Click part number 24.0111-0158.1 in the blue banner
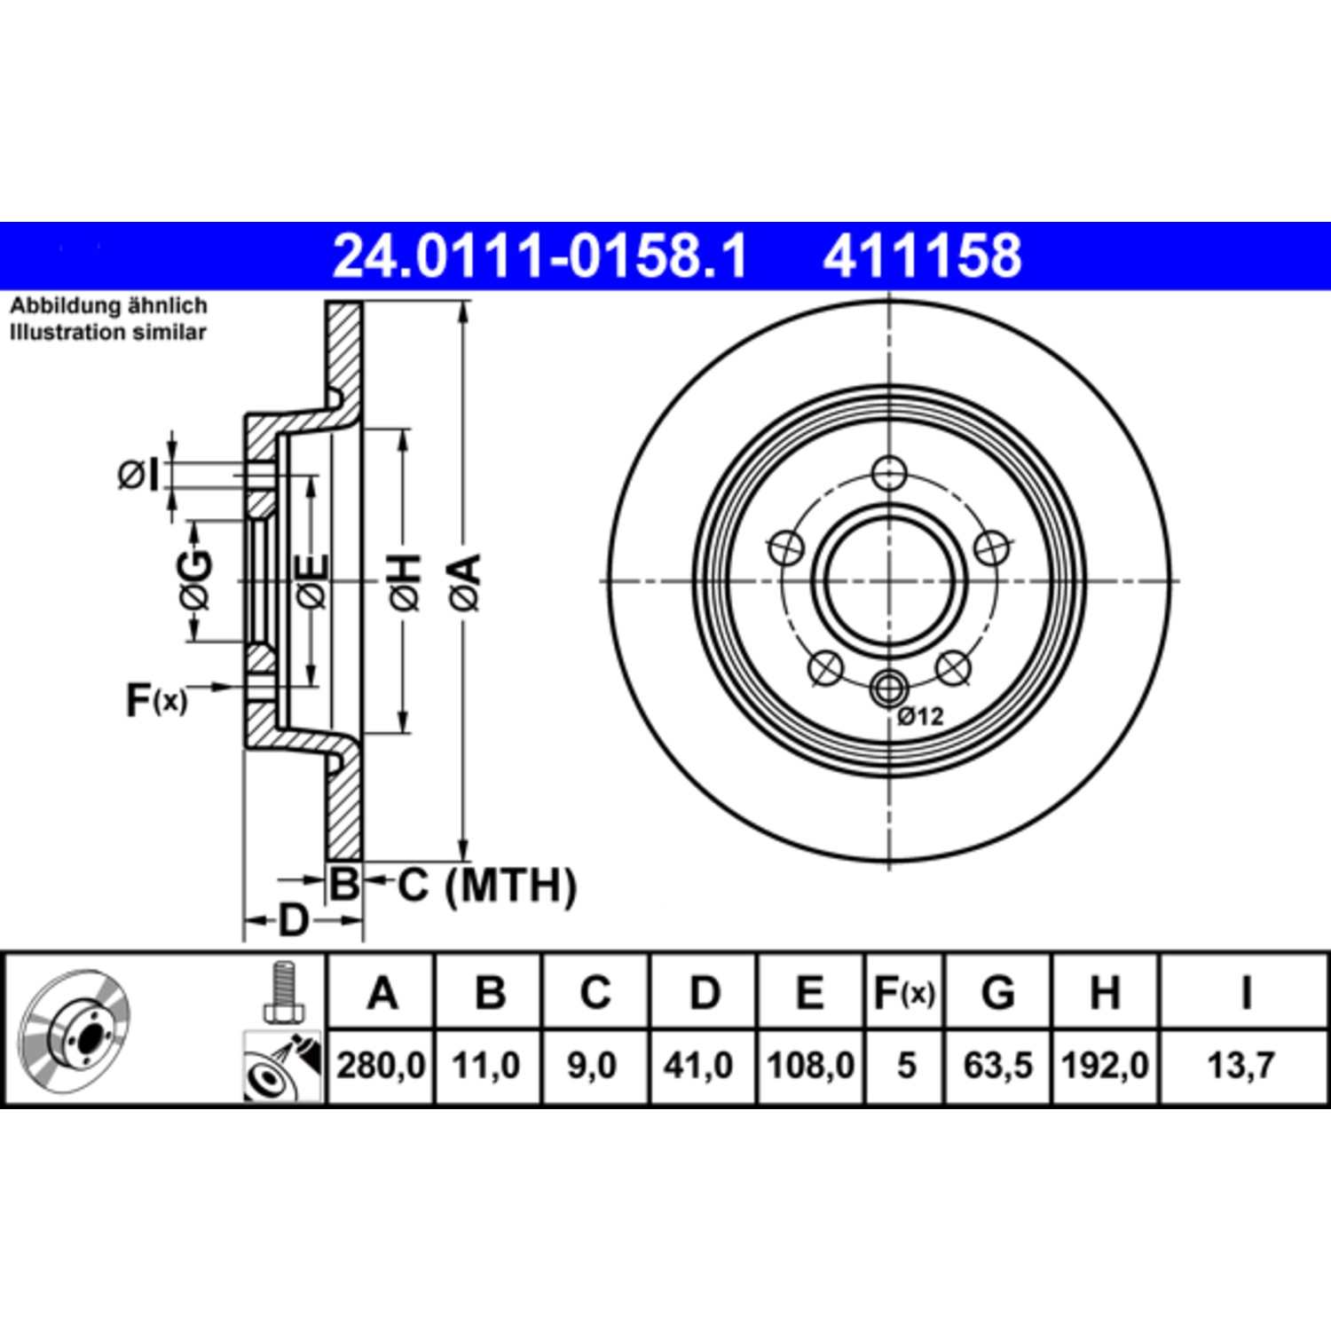(x=539, y=256)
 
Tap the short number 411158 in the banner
(x=922, y=256)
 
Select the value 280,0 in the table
(x=381, y=1065)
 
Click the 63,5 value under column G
(x=998, y=1065)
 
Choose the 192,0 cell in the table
(x=1105, y=1065)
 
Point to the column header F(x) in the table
(x=904, y=993)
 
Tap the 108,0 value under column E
(x=810, y=1065)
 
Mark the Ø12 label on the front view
(x=920, y=716)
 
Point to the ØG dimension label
(x=195, y=582)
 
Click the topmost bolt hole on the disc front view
(x=888, y=473)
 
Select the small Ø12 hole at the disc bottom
(x=888, y=687)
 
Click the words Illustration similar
(x=107, y=333)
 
